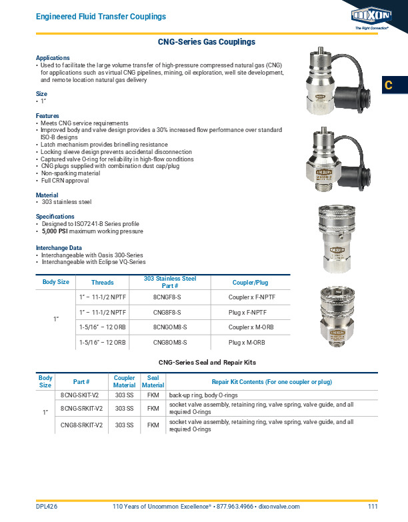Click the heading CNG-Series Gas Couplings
[206, 42]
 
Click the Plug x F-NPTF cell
[247, 312]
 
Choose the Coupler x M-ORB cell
[251, 327]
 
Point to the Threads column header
[102, 283]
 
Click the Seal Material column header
[153, 381]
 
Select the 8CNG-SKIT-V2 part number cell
[81, 395]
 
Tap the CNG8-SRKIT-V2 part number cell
[81, 425]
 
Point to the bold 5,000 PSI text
[55, 231]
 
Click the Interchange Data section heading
[62, 247]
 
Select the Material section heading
[47, 195]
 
